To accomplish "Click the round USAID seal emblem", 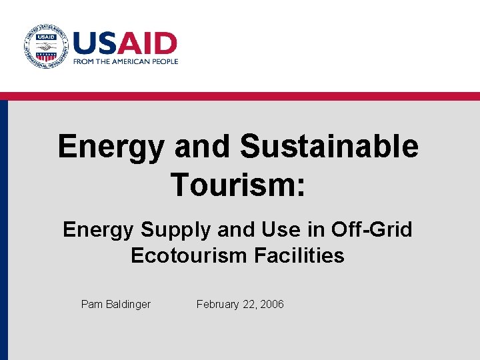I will coord(45,46).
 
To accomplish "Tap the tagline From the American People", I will coord(125,61).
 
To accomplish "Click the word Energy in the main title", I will coord(110,147).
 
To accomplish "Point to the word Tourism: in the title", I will coord(238,184).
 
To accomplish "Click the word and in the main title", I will coord(201,147).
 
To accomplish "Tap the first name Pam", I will coord(92,304).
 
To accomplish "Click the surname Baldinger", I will coord(128,305).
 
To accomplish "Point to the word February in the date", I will coord(218,305).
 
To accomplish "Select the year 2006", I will coord(271,304).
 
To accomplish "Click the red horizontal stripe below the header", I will coord(240,96).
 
